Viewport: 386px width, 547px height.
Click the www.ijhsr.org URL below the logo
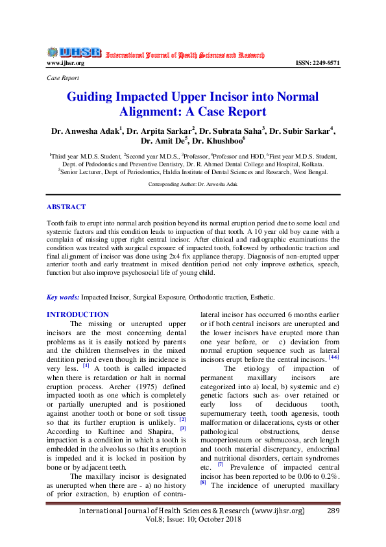[x=66, y=63]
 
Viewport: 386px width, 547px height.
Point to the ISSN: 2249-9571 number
[x=317, y=63]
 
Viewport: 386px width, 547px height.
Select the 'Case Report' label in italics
[x=62, y=77]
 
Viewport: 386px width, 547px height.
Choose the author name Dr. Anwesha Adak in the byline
[x=87, y=130]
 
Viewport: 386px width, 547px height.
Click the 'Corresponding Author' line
[x=193, y=184]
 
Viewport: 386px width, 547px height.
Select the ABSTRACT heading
[x=66, y=207]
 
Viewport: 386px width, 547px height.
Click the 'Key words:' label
[x=63, y=297]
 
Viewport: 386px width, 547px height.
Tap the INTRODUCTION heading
[x=78, y=314]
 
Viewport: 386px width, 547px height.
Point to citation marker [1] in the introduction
[x=86, y=365]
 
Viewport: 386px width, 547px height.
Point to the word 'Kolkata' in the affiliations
[x=310, y=164]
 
